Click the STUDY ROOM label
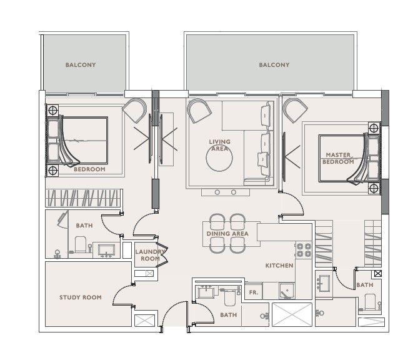(x=81, y=297)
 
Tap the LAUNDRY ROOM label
(x=150, y=255)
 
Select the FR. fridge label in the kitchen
(x=254, y=292)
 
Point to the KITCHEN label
(x=279, y=266)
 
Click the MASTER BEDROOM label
(x=338, y=158)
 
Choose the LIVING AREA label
(x=220, y=145)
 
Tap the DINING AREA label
(x=227, y=234)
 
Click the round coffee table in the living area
(x=219, y=158)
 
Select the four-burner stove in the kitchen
(x=304, y=250)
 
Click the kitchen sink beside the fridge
(x=287, y=291)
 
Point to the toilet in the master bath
(x=370, y=302)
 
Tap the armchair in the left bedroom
(x=135, y=110)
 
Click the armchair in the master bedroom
(x=296, y=110)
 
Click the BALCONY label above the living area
(x=274, y=65)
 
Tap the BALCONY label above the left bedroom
(x=81, y=65)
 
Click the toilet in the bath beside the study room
(x=81, y=244)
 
